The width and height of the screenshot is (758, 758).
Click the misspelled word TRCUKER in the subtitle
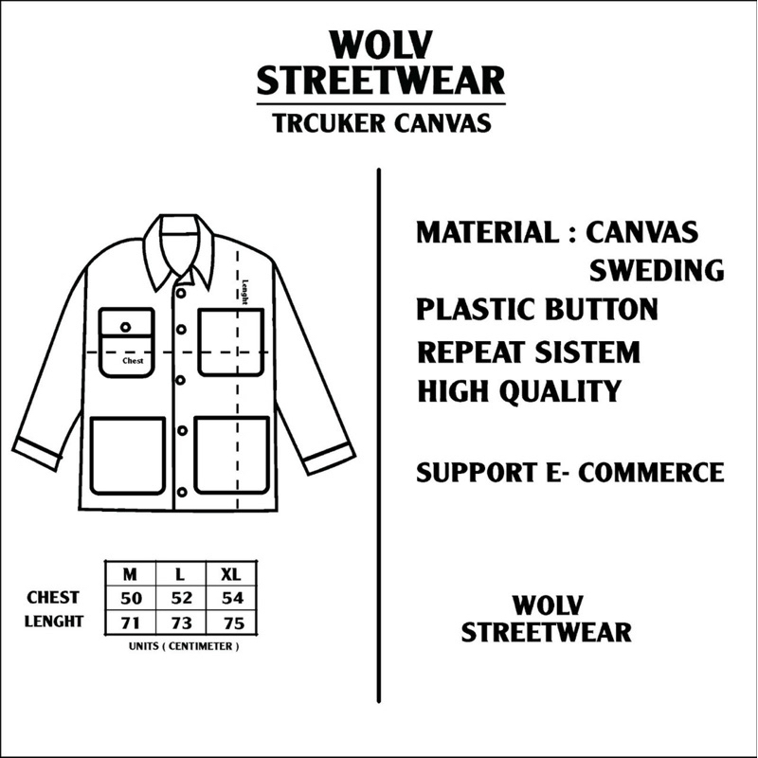[x=329, y=123]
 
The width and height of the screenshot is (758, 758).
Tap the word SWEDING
[x=657, y=270]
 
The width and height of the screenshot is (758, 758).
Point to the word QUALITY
[x=560, y=390]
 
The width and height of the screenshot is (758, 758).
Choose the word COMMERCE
[x=651, y=472]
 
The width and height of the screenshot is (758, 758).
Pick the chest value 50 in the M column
[x=131, y=599]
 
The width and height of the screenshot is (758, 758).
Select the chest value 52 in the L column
[x=182, y=599]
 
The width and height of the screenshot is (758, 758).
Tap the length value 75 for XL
[x=233, y=623]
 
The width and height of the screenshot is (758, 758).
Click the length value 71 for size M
[x=131, y=623]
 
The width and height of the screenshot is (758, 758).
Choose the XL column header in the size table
[x=230, y=574]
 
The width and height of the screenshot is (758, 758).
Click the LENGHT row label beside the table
[x=54, y=622]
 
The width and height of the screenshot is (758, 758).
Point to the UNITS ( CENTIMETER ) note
[x=184, y=646]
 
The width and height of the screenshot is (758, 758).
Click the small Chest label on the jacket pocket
[x=133, y=361]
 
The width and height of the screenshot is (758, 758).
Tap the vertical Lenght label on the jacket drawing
[x=244, y=293]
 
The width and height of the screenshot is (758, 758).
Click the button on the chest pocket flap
[x=126, y=327]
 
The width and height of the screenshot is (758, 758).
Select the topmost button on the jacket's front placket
[x=180, y=293]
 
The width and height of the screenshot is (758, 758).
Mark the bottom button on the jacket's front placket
[x=182, y=493]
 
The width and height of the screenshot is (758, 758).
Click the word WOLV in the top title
[x=381, y=45]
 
